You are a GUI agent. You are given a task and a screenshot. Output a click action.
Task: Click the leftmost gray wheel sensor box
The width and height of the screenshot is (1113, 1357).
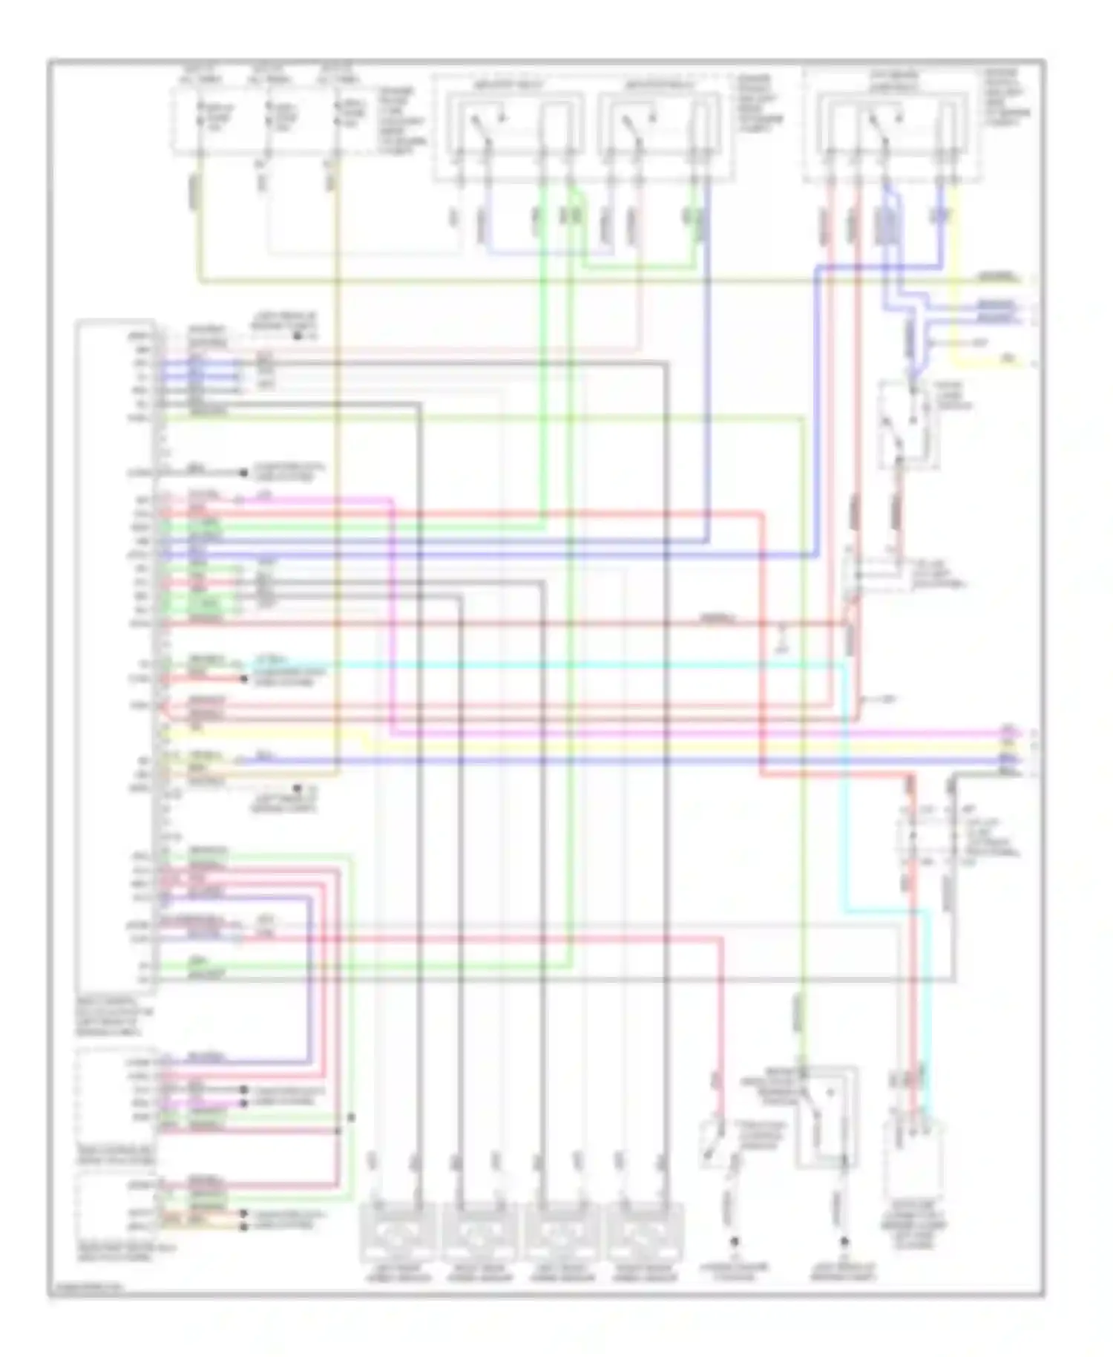(x=397, y=1233)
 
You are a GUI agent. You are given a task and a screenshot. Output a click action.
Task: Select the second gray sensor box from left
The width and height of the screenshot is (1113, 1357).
(x=479, y=1233)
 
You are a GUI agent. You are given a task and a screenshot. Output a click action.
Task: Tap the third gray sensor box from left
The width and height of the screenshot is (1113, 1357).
(x=562, y=1233)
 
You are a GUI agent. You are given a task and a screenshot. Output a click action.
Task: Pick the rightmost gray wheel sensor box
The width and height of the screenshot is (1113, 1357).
(x=643, y=1233)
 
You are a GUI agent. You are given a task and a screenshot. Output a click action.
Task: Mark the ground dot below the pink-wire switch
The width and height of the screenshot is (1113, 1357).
(x=734, y=1240)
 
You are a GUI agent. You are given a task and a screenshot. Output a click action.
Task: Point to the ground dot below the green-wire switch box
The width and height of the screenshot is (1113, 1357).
(x=844, y=1240)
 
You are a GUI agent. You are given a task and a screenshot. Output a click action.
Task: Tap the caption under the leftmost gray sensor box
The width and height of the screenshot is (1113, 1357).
(x=397, y=1275)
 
